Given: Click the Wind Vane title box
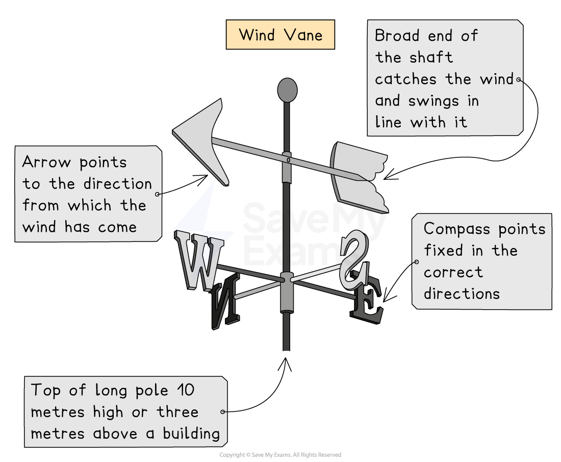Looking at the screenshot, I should [x=280, y=35].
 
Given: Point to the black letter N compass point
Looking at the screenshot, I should [x=226, y=301].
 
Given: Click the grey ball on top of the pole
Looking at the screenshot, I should [x=287, y=90].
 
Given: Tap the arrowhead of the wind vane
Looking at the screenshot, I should [x=201, y=138].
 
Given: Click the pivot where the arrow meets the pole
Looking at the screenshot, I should [x=288, y=160].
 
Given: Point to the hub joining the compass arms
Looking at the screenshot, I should [x=287, y=279].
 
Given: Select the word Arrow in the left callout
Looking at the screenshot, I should [x=47, y=162].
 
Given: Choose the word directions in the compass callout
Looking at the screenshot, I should [x=462, y=294].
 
